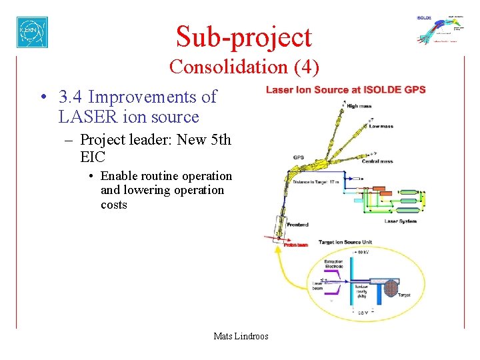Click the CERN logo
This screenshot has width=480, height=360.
pyautogui.click(x=32, y=32)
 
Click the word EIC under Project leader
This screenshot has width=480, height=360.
pyautogui.click(x=91, y=157)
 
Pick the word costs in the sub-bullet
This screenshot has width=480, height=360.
pyautogui.click(x=113, y=205)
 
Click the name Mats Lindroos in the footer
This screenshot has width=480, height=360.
pyautogui.click(x=241, y=336)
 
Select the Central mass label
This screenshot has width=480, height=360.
pyautogui.click(x=377, y=161)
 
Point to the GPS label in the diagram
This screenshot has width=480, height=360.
pyautogui.click(x=299, y=158)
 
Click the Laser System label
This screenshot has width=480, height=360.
pyautogui.click(x=400, y=221)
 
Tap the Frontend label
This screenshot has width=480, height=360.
pyautogui.click(x=297, y=225)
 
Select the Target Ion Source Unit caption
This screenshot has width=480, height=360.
pyautogui.click(x=354, y=242)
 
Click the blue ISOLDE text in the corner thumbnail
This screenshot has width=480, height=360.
pyautogui.click(x=424, y=18)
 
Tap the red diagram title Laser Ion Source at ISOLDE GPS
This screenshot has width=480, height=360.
pyautogui.click(x=345, y=91)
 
